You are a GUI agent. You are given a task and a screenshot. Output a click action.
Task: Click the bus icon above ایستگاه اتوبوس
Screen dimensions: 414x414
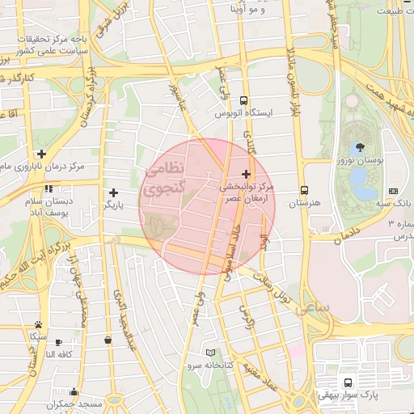(243, 101)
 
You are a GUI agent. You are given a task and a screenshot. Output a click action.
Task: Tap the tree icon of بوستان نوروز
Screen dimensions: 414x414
(359, 147)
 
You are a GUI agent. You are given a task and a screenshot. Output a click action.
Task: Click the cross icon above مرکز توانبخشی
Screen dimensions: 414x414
(246, 174)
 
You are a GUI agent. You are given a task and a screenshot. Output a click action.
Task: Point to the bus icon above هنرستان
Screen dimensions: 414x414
(303, 188)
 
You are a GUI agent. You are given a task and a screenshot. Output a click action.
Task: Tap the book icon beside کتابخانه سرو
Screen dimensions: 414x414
(211, 353)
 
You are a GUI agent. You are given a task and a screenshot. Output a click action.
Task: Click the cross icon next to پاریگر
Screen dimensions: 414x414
(113, 192)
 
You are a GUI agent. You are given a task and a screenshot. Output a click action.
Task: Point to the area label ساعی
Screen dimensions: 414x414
(314, 310)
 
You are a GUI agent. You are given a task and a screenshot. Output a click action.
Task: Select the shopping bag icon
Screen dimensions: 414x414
(108, 340)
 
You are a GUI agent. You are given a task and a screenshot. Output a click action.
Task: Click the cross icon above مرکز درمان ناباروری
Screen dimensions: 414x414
(40, 154)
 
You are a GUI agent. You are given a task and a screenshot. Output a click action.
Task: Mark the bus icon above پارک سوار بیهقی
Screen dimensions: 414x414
(348, 382)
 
